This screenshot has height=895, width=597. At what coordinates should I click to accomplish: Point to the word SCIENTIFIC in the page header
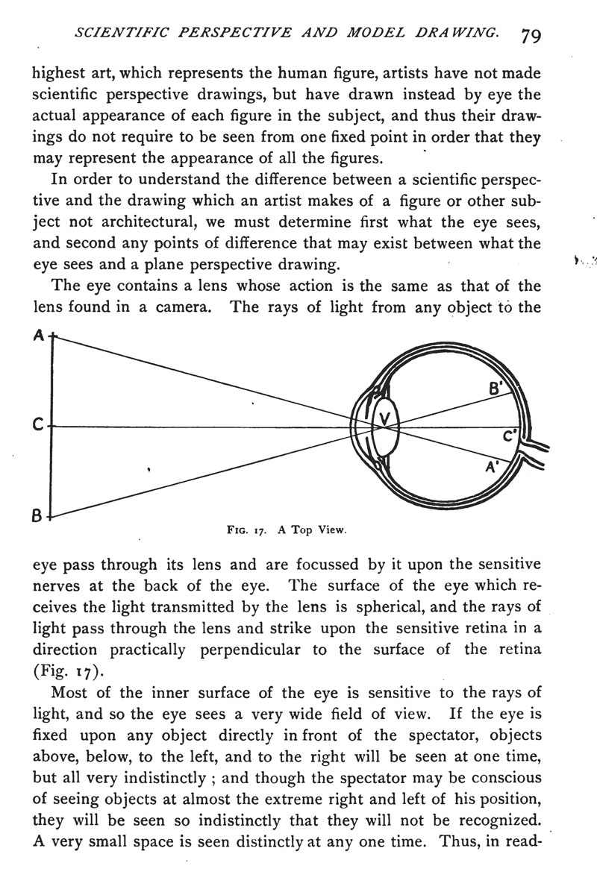pos(109,34)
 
